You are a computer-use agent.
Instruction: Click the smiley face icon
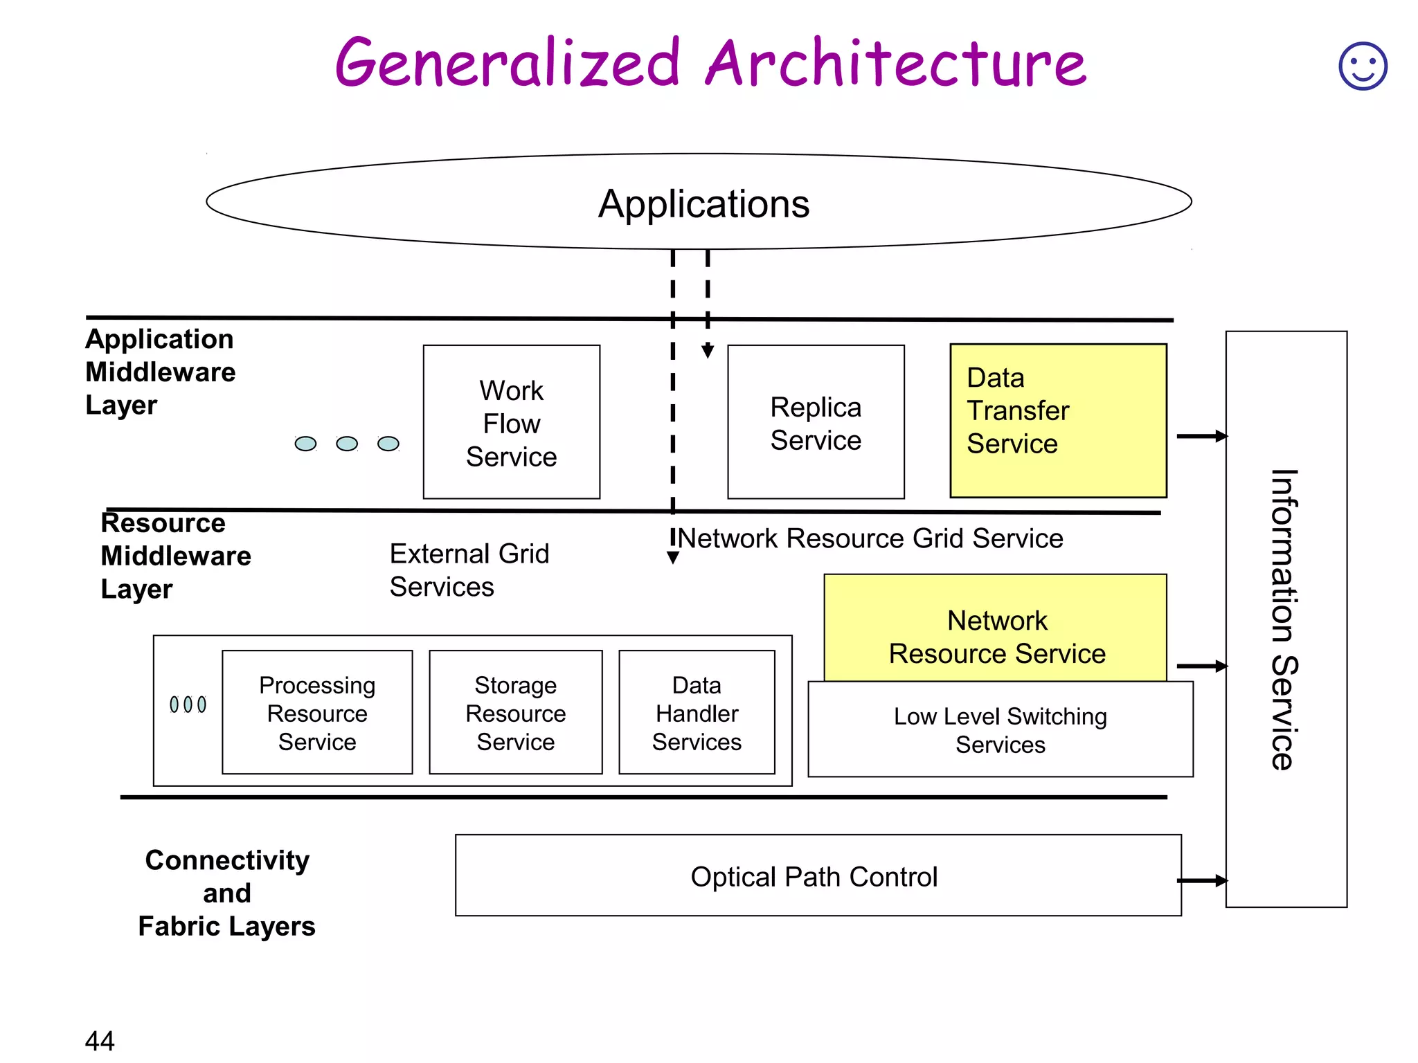point(1363,66)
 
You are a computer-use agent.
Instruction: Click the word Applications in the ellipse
point(703,203)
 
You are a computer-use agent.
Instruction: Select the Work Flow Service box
point(512,422)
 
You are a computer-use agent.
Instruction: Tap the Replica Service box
point(816,422)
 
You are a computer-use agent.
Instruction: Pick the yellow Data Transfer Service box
point(1058,421)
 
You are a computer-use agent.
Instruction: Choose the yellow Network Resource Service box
point(996,628)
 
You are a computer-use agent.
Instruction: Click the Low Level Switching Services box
point(1000,729)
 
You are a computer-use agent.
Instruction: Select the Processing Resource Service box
point(317,712)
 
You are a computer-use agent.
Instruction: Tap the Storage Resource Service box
point(516,712)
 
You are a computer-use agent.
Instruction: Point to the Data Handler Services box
point(697,712)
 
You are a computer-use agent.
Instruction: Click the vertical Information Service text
point(1285,619)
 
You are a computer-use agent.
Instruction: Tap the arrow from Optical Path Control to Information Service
point(1202,880)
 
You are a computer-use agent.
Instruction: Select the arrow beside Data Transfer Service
point(1202,436)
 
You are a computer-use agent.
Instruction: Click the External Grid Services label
point(469,570)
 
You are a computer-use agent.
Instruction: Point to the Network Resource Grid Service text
point(870,538)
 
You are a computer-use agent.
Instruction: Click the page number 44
point(100,1040)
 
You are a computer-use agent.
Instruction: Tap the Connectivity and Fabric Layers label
point(226,893)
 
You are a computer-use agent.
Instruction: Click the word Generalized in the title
point(508,64)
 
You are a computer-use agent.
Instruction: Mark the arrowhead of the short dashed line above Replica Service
point(708,352)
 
